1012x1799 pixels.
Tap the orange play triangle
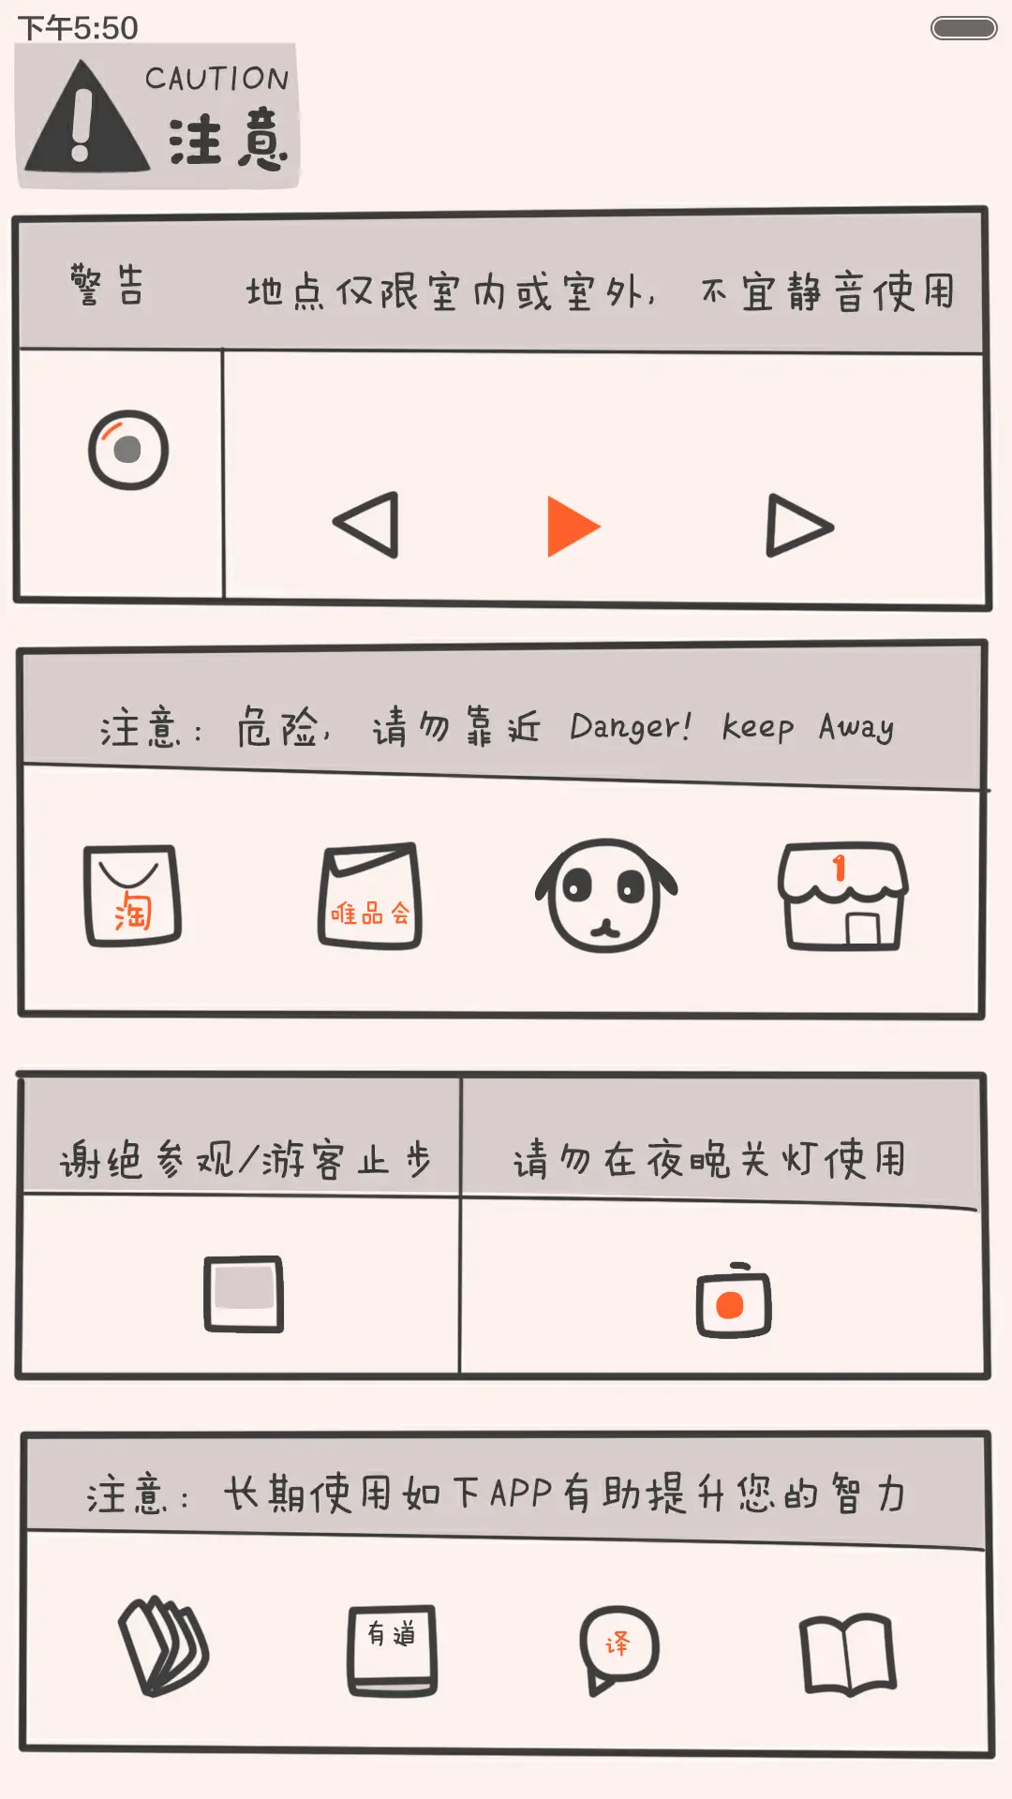coord(571,527)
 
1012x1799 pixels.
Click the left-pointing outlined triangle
coord(369,525)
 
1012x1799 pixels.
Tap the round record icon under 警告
coord(128,450)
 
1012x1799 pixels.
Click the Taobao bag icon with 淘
coord(132,896)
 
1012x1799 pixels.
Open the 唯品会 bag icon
coord(370,896)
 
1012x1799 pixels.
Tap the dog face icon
coord(606,895)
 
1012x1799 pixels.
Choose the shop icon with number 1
coord(842,897)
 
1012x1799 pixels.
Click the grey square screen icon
coord(244,1293)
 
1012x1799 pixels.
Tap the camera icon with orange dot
coord(733,1301)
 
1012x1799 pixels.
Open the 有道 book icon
coord(393,1650)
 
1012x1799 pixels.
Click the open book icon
coord(848,1654)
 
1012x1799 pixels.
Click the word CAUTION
coord(217,79)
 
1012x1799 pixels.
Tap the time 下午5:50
coord(78,28)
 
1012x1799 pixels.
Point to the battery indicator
coord(963,28)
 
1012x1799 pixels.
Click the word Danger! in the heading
coord(631,727)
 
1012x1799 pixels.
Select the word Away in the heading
coord(856,727)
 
